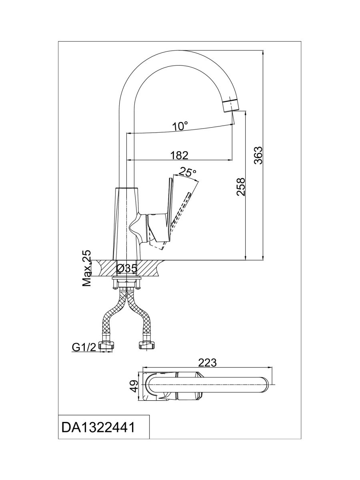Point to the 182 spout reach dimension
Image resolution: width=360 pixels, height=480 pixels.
[x=179, y=155]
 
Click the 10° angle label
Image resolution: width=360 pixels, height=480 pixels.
[x=180, y=126]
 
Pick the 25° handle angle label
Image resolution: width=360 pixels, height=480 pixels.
[x=187, y=172]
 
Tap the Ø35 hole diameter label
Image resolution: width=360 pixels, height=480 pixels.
[x=127, y=268]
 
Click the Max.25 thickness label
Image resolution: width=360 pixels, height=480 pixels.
[x=87, y=268]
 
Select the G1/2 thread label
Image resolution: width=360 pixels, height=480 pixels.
[x=84, y=347]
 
